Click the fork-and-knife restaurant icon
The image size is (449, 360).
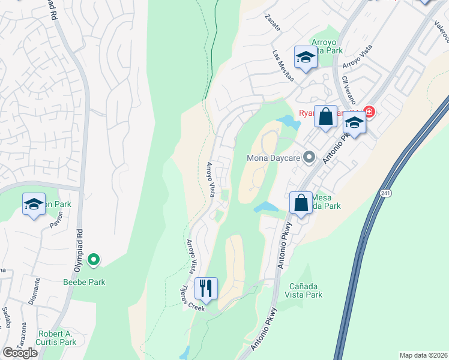(x=206, y=289)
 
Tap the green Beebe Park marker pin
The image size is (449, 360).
(x=93, y=260)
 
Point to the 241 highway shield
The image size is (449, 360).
(x=385, y=193)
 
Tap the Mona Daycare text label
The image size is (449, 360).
(x=274, y=159)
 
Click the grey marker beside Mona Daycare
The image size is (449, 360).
(x=309, y=158)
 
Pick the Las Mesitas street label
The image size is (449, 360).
(x=283, y=65)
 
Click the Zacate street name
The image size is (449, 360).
(x=273, y=24)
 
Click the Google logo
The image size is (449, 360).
(x=20, y=353)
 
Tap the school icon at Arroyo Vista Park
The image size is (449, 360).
(x=306, y=58)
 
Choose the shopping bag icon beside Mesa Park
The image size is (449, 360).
(x=301, y=203)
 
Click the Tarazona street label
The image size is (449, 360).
(x=23, y=334)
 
